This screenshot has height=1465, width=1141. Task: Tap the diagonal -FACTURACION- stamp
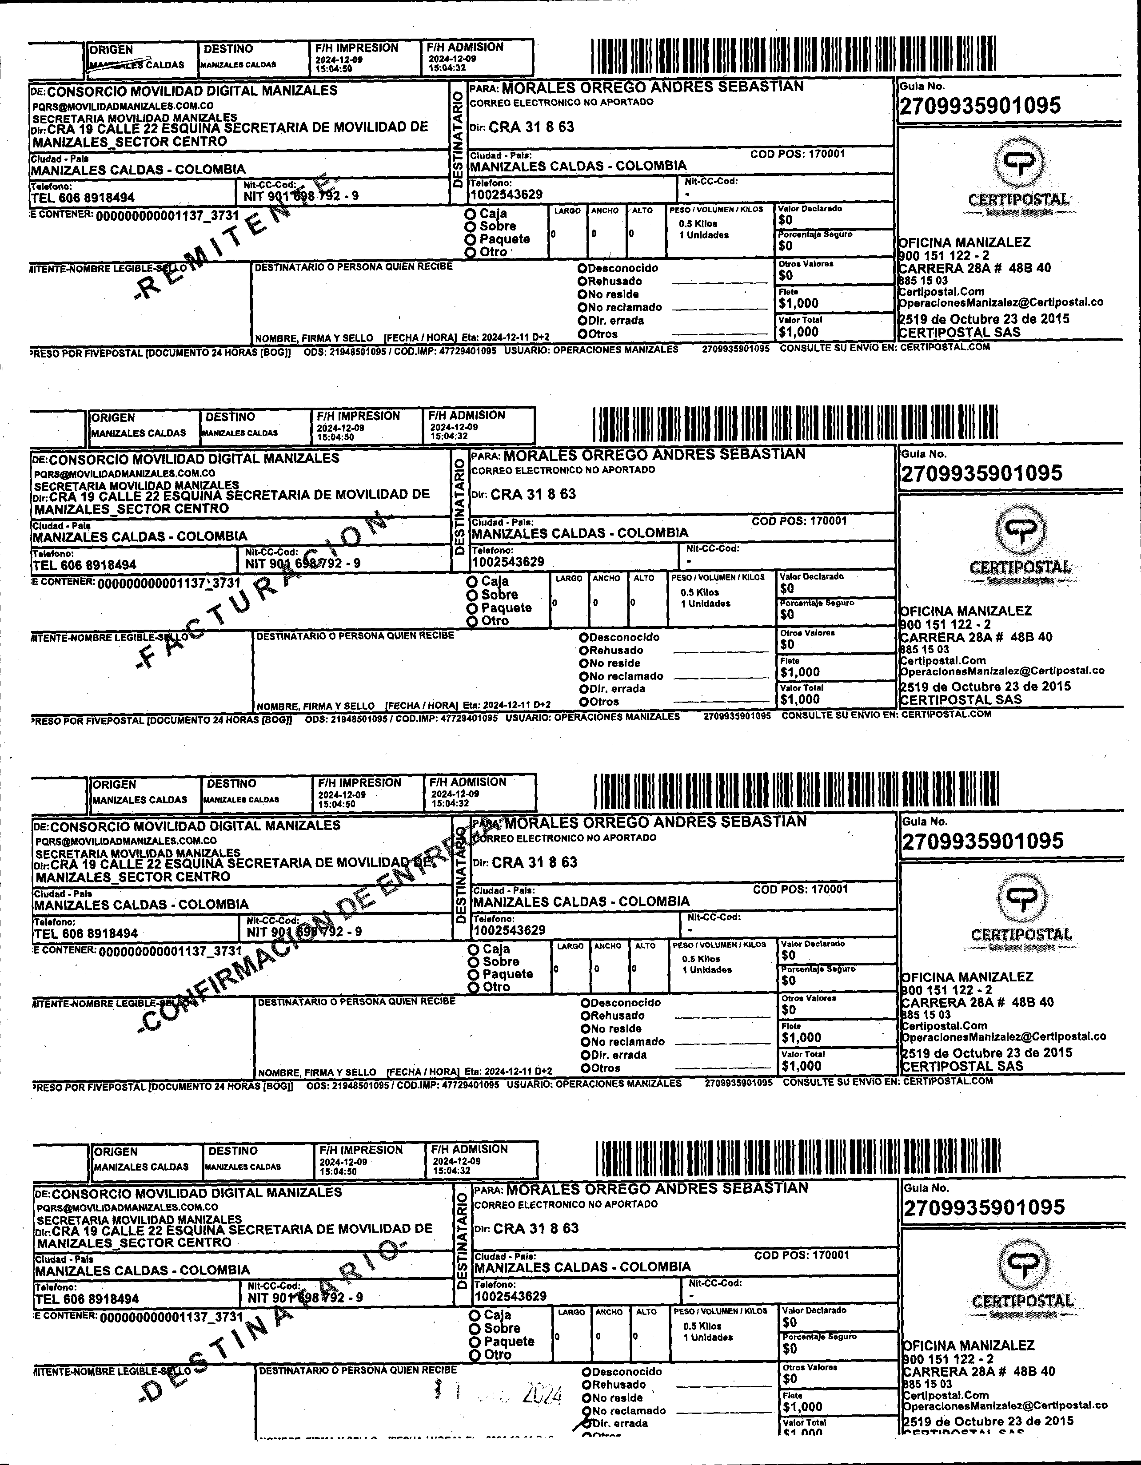point(262,590)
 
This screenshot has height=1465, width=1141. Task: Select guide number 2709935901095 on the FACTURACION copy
point(982,473)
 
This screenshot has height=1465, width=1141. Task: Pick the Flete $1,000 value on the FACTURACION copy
point(800,672)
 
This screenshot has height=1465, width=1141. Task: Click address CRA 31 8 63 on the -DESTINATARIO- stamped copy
point(535,1228)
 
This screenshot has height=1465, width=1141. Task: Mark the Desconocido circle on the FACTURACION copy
point(584,637)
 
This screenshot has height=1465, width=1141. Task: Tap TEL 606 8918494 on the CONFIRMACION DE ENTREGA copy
point(86,933)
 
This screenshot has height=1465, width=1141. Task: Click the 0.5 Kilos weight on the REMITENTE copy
point(698,224)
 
